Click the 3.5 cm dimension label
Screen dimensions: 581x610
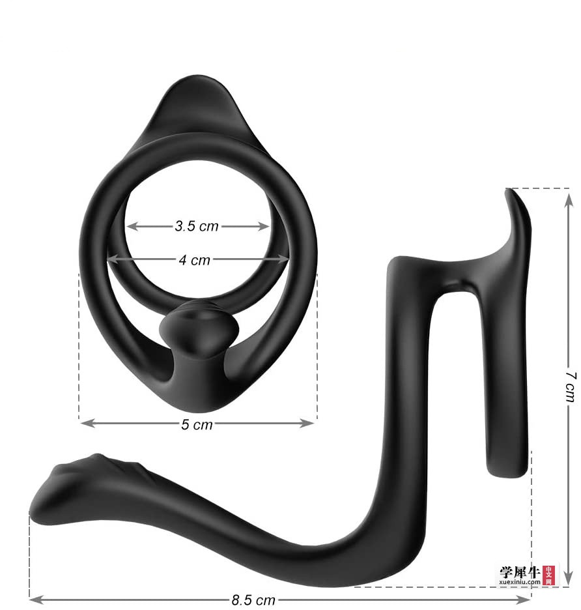(x=197, y=226)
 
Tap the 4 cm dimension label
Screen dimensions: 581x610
(x=195, y=260)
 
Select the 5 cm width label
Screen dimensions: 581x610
(x=197, y=424)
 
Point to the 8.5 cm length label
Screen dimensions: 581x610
(x=253, y=600)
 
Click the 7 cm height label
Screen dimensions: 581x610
(x=570, y=387)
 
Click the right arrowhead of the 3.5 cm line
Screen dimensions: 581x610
(x=264, y=226)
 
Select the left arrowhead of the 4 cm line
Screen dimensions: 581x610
(x=113, y=259)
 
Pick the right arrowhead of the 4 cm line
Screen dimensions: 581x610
(x=283, y=259)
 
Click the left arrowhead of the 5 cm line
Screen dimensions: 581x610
(x=87, y=423)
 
